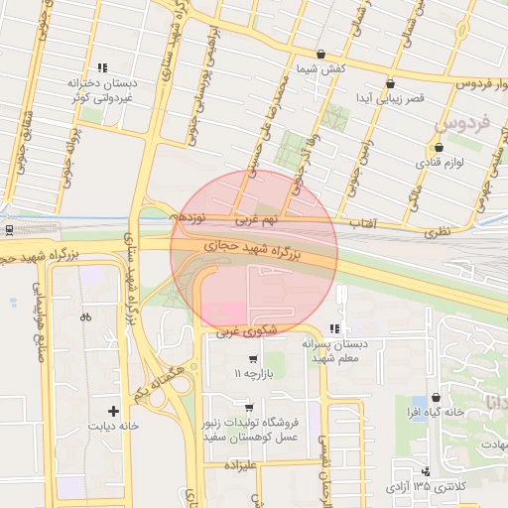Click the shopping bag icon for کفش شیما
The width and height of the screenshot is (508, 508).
[x=320, y=54]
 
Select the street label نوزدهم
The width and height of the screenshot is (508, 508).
[x=190, y=215]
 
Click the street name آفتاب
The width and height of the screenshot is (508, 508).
[x=363, y=225]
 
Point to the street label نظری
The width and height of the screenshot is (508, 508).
[x=437, y=230]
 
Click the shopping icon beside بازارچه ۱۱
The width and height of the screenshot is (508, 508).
[x=253, y=358]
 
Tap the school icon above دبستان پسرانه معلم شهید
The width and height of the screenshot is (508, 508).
[x=334, y=327]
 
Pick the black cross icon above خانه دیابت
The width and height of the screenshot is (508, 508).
[x=113, y=410]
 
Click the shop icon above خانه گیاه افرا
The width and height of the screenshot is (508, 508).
[x=437, y=397]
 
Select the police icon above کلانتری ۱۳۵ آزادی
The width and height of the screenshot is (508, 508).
[x=426, y=471]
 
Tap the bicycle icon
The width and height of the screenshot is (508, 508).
[x=85, y=317]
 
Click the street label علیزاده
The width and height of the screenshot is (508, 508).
[x=240, y=463]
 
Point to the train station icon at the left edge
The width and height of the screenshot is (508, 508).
[x=9, y=230]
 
